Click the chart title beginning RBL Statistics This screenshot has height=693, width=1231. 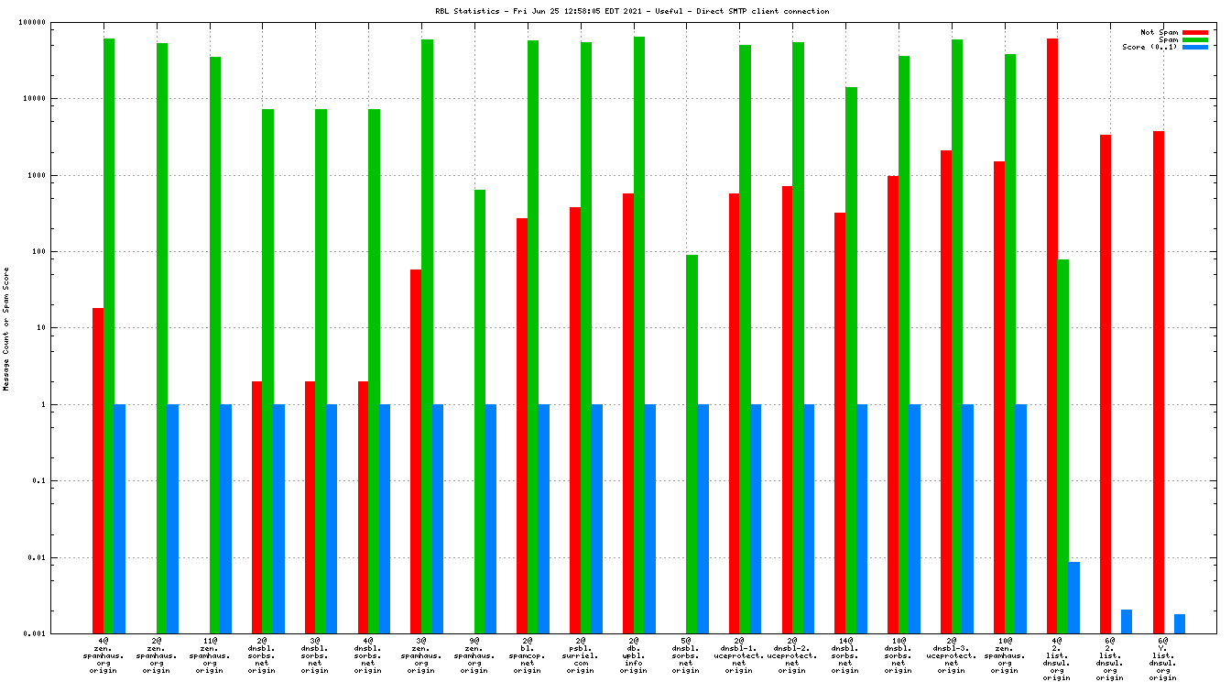tap(632, 12)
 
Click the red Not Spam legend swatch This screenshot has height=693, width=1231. tap(1195, 32)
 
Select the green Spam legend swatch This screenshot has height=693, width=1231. tap(1195, 39)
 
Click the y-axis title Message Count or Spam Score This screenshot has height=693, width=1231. tap(6, 329)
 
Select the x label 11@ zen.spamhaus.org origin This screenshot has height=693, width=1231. tap(210, 655)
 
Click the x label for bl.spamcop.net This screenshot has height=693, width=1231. tap(528, 655)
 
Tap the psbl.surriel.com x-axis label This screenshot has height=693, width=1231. tap(581, 655)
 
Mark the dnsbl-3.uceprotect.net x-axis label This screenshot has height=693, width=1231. tap(952, 655)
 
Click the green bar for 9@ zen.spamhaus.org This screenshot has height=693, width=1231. tap(480, 412)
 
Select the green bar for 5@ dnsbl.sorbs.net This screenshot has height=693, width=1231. tap(692, 445)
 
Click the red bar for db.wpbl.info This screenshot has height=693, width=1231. tap(628, 413)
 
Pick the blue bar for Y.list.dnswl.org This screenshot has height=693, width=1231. tap(1180, 623)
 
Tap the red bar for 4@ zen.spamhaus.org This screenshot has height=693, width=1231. tap(98, 471)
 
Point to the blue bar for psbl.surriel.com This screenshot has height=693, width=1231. tap(597, 519)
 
